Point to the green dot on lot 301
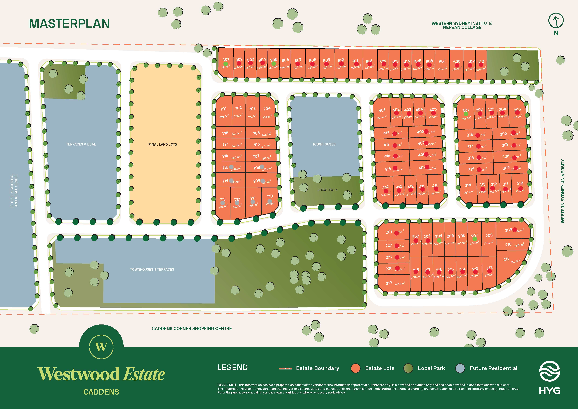466,114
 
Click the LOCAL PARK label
328,190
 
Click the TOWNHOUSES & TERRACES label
152,269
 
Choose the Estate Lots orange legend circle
355,368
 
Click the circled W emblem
101,347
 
